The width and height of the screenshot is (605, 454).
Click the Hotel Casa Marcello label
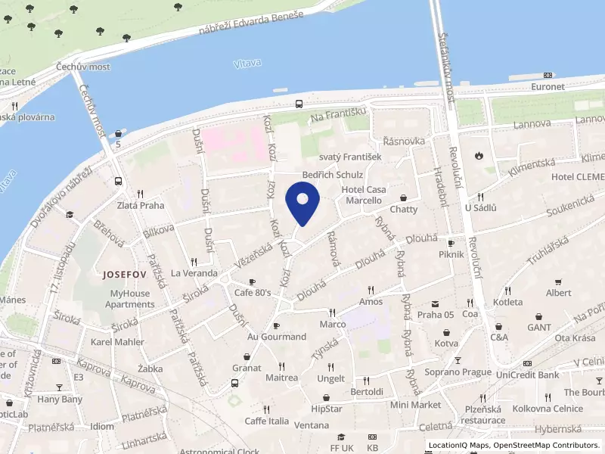(364, 194)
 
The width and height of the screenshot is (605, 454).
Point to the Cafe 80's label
(253, 293)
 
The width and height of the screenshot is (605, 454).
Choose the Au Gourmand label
(277, 337)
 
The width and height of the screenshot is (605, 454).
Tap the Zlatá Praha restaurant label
(141, 205)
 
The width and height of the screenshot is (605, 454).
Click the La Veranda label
(194, 273)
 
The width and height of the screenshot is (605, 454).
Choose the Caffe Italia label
(266, 421)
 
